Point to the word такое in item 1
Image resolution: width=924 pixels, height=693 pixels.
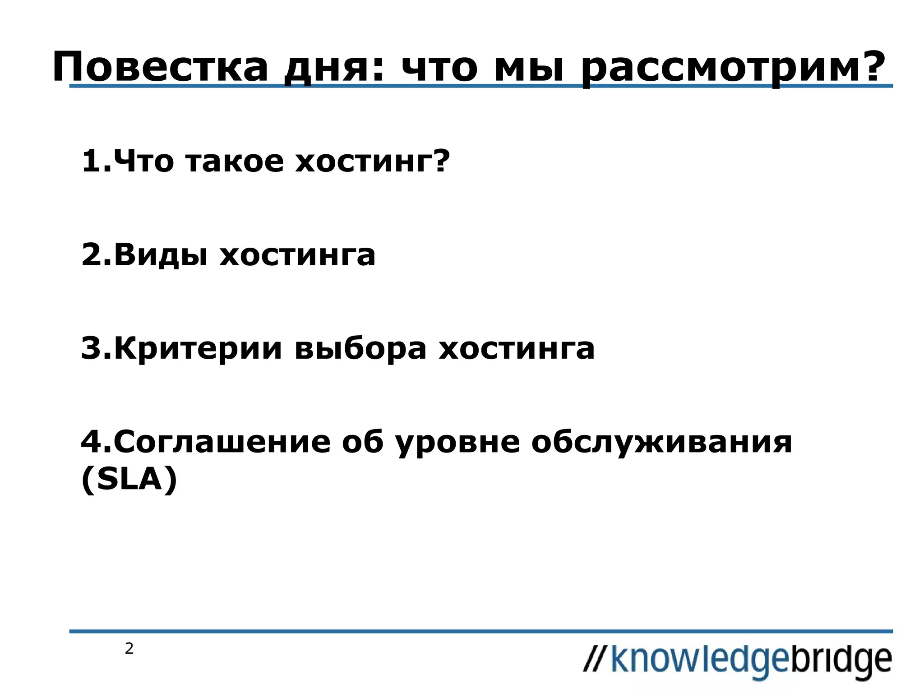234,161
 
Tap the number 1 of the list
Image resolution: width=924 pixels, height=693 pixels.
90,161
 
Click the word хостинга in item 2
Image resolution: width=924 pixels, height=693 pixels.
297,255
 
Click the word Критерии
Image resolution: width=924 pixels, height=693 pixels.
198,349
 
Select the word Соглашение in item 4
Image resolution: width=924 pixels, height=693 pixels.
222,442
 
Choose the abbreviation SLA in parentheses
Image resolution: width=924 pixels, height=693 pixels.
129,479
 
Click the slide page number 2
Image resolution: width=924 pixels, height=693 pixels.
129,649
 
